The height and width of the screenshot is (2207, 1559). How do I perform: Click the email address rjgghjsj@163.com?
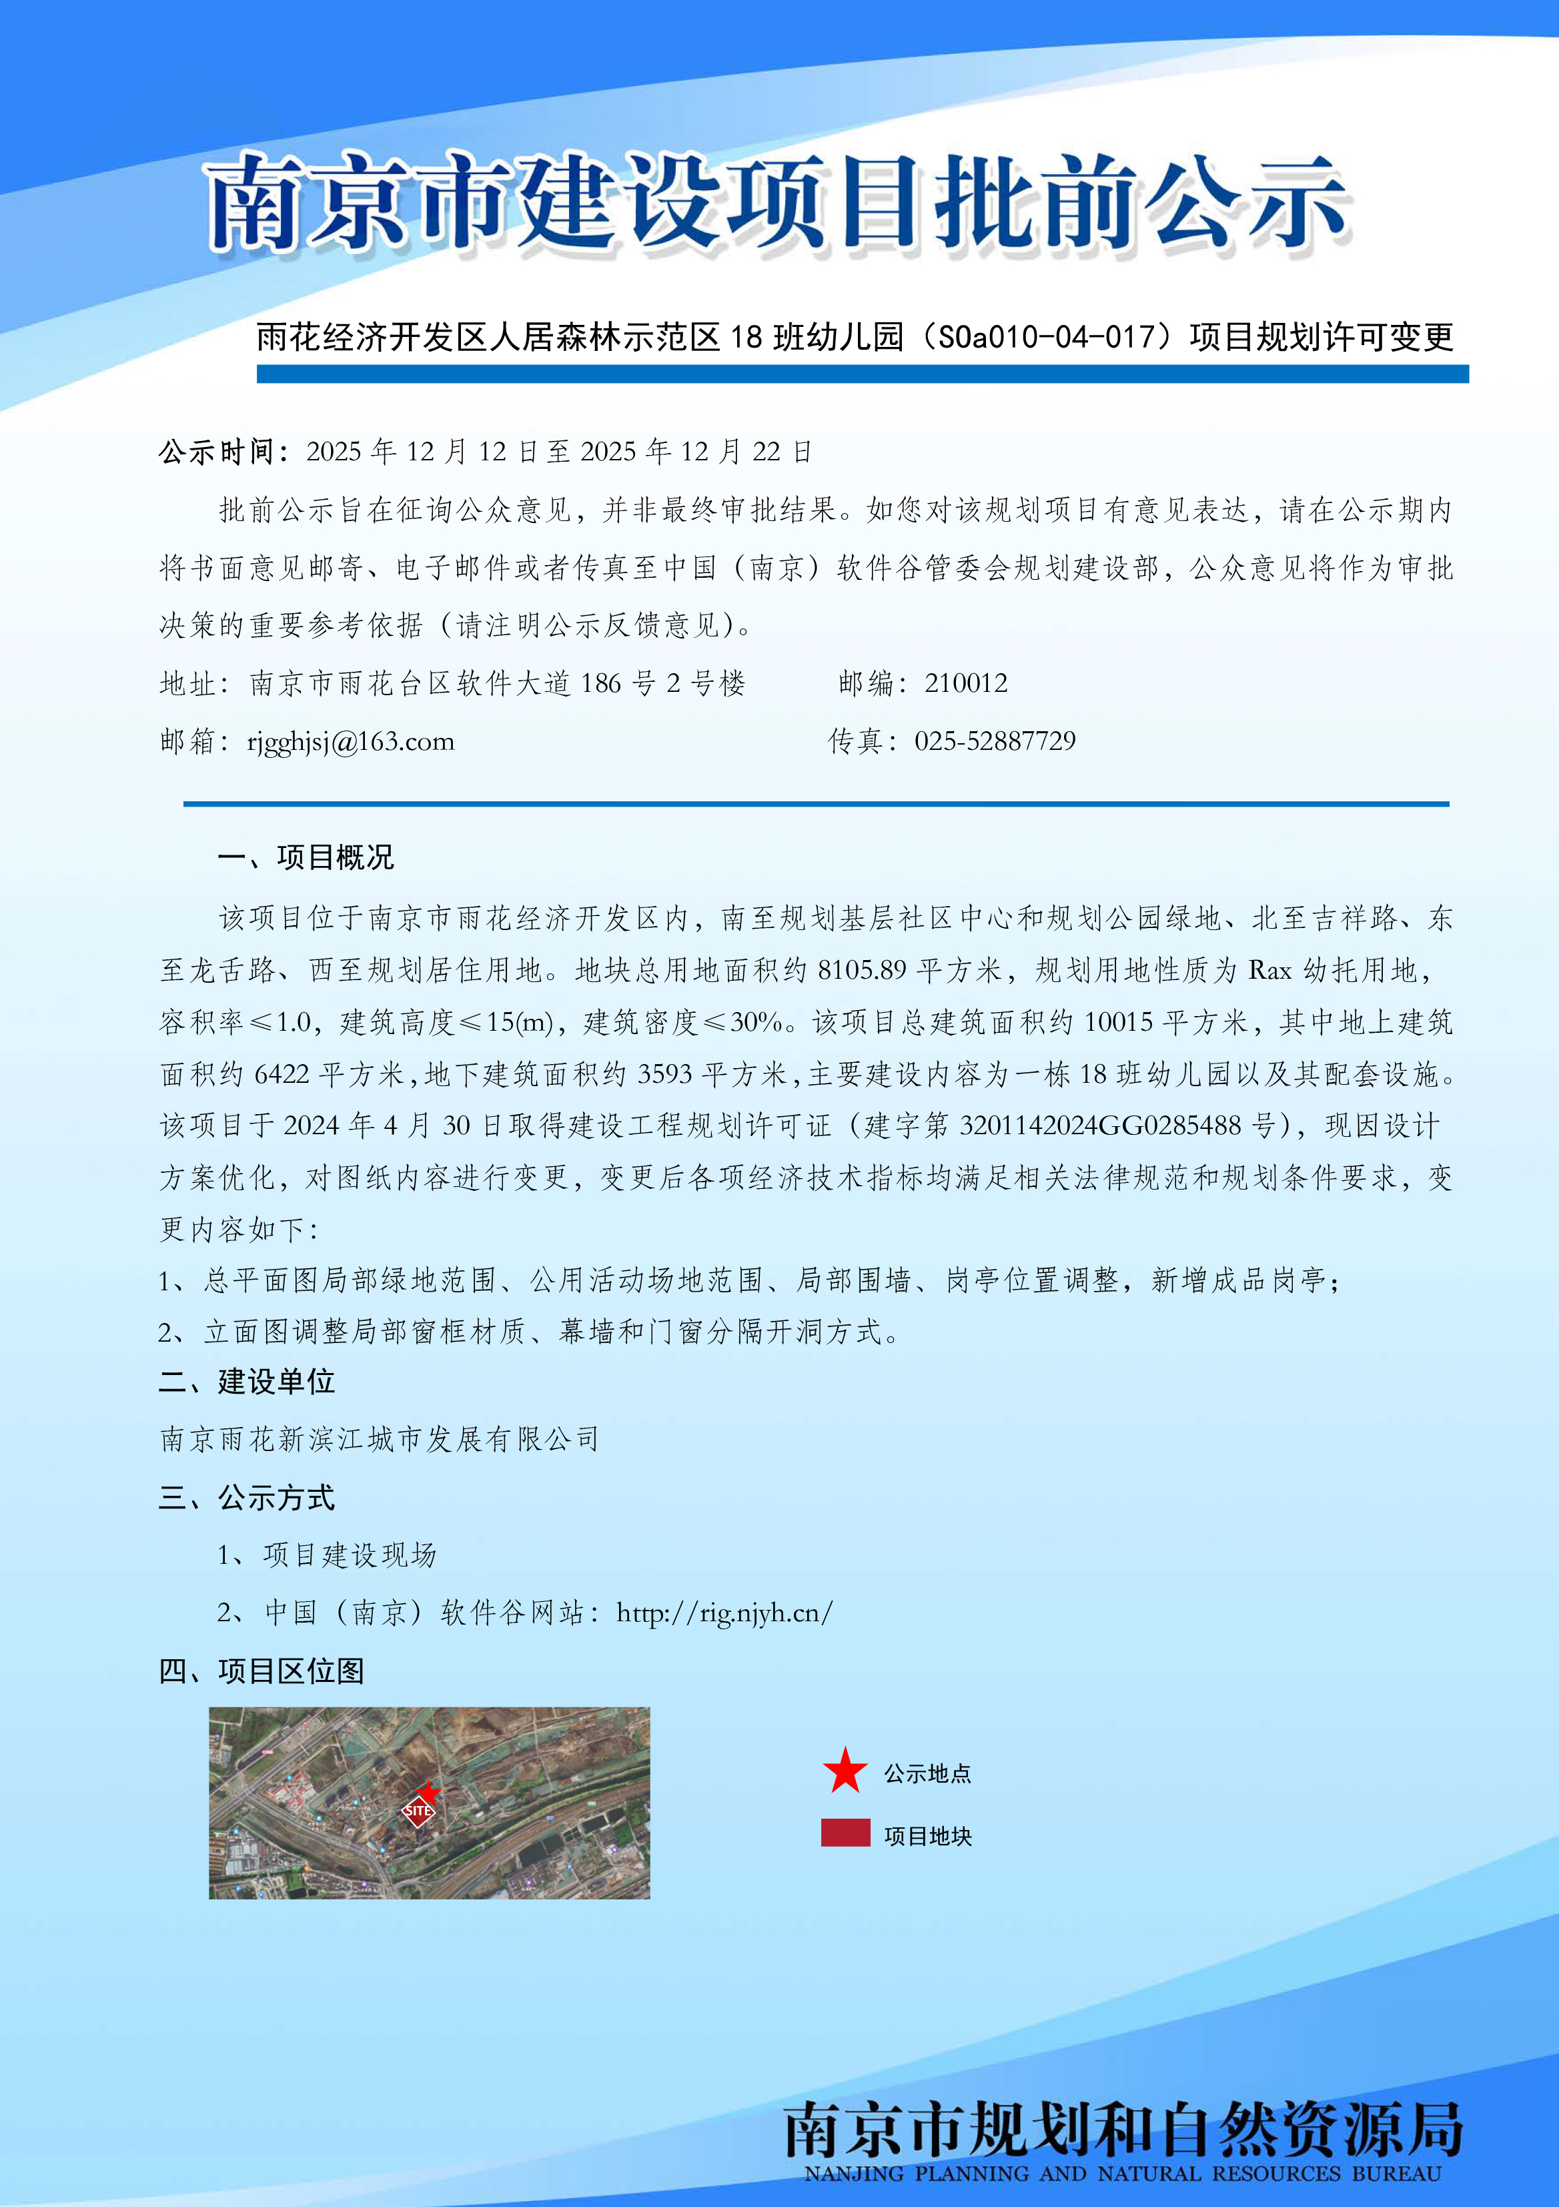[x=351, y=742]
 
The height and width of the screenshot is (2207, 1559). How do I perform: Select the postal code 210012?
[x=966, y=683]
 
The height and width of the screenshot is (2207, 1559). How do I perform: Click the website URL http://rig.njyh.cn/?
[x=724, y=1613]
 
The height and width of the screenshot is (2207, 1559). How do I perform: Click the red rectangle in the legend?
[x=845, y=1833]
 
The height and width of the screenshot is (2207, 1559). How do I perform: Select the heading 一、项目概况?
[x=306, y=857]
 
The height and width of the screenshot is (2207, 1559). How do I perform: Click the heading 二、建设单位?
[x=247, y=1382]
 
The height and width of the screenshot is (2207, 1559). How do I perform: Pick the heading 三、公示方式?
[x=247, y=1498]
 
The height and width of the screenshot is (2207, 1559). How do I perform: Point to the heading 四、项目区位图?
[x=262, y=1671]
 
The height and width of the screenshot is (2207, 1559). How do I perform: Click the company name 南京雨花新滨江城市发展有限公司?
[x=380, y=1440]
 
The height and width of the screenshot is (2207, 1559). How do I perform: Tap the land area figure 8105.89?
[x=861, y=971]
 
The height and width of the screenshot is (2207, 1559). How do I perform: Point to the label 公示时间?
[x=223, y=452]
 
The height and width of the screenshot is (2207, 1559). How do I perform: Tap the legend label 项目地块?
[x=927, y=1836]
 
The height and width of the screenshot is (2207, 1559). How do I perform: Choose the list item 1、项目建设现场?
[x=327, y=1555]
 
